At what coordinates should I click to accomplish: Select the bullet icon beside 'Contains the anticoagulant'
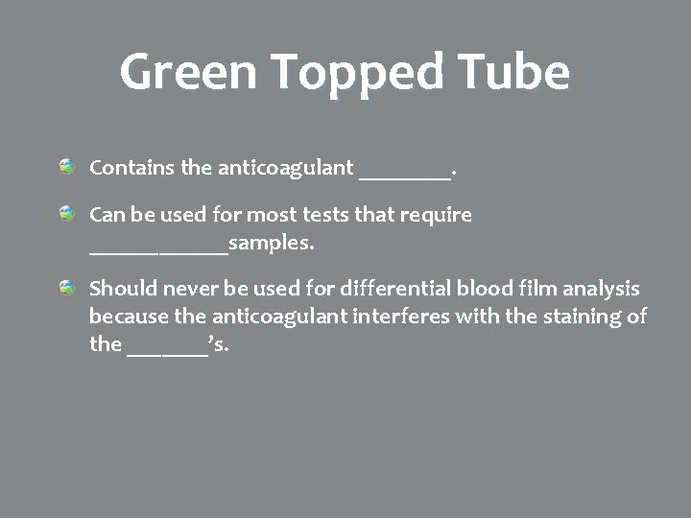tap(66, 168)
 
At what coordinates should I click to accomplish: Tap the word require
tap(439, 216)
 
